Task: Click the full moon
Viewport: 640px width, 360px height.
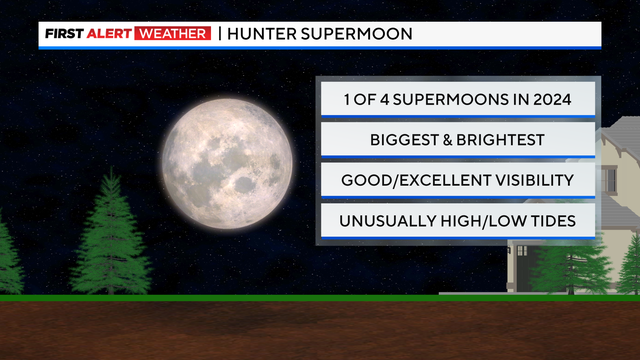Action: point(229,150)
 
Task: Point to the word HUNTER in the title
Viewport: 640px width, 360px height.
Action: point(263,34)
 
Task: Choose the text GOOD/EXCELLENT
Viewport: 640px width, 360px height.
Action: point(410,180)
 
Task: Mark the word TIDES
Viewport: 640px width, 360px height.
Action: point(551,221)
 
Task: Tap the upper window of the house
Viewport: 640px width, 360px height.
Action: point(608,179)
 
